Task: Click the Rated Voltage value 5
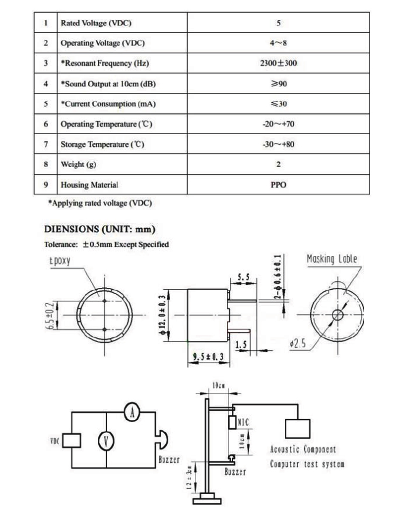point(278,23)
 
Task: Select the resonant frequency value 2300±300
point(278,63)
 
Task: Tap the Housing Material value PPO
point(278,185)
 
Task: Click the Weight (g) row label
point(78,164)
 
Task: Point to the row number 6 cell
point(46,124)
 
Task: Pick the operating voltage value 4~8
point(278,43)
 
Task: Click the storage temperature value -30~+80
point(278,144)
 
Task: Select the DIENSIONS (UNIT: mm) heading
point(100,229)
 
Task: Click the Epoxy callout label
point(60,261)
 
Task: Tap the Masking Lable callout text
point(332,258)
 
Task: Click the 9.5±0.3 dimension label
point(208,356)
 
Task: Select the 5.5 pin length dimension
point(244,277)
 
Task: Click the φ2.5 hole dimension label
point(298,343)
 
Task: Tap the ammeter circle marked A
point(132,412)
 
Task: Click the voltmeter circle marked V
point(106,441)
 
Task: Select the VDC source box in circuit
point(72,441)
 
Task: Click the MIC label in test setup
point(243,422)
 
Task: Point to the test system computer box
point(298,429)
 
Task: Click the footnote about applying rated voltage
point(100,203)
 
